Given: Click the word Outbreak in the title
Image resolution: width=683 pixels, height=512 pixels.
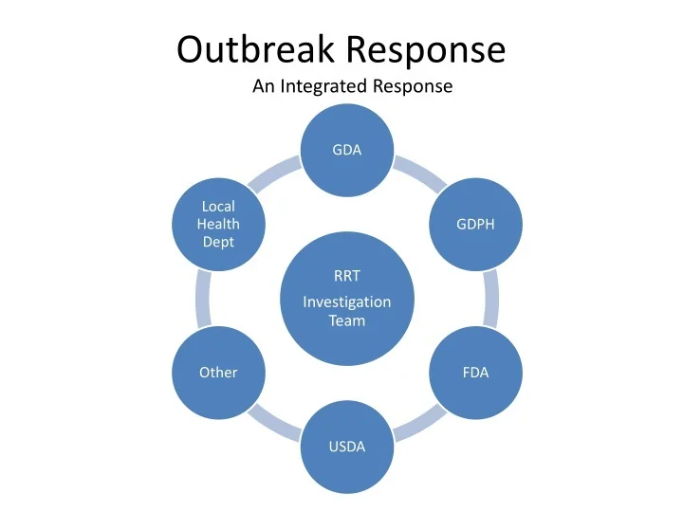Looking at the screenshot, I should pyautogui.click(x=255, y=49).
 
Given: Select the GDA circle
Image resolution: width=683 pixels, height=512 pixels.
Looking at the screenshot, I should pyautogui.click(x=346, y=150).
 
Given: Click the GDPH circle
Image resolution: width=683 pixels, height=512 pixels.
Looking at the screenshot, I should pyautogui.click(x=475, y=225).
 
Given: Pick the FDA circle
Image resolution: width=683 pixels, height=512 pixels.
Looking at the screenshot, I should pyautogui.click(x=475, y=373).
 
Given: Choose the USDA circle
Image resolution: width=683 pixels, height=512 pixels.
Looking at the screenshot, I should pyautogui.click(x=346, y=447).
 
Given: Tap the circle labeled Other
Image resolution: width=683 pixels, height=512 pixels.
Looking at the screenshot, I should pyautogui.click(x=218, y=373).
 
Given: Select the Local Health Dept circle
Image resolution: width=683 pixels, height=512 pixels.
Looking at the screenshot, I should pyautogui.click(x=218, y=225).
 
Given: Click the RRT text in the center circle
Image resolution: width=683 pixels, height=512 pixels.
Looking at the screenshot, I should pyautogui.click(x=346, y=278).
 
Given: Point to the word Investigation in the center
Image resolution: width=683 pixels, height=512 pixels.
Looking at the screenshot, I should pyautogui.click(x=346, y=302).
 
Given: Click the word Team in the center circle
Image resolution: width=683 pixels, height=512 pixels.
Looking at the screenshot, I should pyautogui.click(x=346, y=321).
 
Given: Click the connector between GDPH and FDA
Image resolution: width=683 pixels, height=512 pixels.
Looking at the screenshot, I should pyautogui.click(x=490, y=299).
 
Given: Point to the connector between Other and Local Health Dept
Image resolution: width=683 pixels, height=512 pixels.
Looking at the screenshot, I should pyautogui.click(x=202, y=299).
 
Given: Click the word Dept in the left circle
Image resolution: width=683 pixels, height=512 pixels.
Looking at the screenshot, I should pyautogui.click(x=218, y=243).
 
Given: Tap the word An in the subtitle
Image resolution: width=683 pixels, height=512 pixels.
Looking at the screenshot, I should pyautogui.click(x=263, y=87).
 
